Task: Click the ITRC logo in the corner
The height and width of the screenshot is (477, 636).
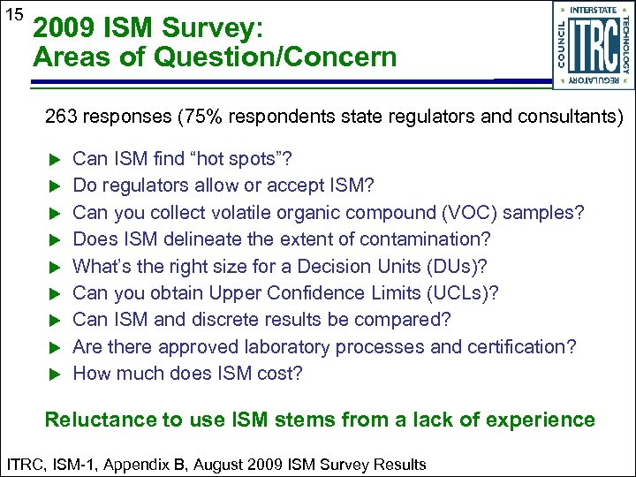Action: tap(593, 44)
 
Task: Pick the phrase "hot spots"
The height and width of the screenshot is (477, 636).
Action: tap(240, 159)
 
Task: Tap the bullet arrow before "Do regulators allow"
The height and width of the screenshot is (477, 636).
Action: tap(52, 186)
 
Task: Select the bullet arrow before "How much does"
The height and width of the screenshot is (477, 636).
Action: tap(52, 374)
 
